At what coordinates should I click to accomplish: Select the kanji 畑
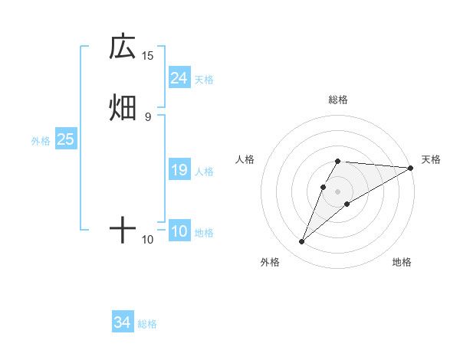pos(123,107)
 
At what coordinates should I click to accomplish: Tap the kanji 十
pos(123,230)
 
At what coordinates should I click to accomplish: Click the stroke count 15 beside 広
pos(148,55)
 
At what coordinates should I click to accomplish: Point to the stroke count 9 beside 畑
pos(148,116)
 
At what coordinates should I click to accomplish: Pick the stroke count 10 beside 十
pos(148,240)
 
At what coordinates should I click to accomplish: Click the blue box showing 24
pos(179,78)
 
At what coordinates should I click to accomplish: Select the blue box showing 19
pos(179,170)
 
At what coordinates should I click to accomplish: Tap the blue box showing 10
pos(179,231)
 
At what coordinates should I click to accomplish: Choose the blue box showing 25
pos(66,139)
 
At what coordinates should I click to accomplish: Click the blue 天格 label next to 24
pos(204,80)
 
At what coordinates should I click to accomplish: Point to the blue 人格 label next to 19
pos(204,172)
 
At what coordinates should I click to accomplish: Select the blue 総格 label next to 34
pos(147,325)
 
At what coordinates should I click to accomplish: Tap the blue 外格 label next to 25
pos(41,141)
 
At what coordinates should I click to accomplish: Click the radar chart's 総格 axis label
pos(338,100)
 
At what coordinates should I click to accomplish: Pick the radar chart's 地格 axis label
pos(402,262)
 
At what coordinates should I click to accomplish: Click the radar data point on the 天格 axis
pos(411,168)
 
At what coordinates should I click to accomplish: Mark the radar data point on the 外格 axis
pos(302,242)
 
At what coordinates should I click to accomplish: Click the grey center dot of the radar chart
pos(338,191)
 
